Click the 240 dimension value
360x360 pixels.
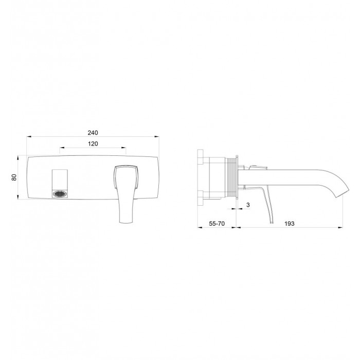93,133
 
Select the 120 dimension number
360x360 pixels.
93,143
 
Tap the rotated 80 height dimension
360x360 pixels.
14,177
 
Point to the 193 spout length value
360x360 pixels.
289,223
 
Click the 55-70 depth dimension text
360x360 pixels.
217,223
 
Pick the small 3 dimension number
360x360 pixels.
248,205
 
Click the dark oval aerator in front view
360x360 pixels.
60,194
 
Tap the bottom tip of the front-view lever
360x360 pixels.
126,222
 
